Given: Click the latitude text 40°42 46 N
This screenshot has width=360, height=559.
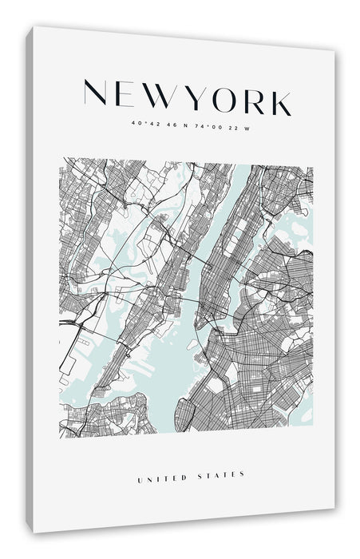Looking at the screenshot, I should point(160,125).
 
